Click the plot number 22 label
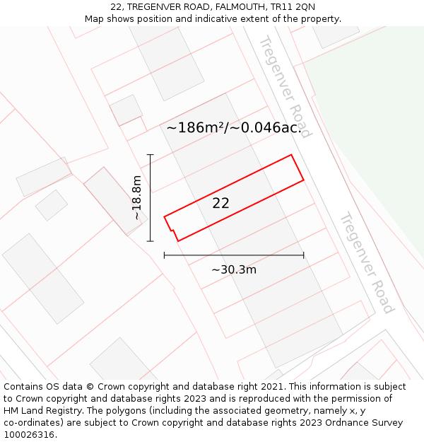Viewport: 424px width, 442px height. (x=220, y=203)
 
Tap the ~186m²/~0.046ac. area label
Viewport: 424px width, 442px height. (x=234, y=128)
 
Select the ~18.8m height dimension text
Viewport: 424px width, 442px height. (x=136, y=198)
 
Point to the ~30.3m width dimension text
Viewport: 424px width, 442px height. (x=234, y=269)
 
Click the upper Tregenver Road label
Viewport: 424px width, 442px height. (x=284, y=86)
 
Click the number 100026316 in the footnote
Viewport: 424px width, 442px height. (x=29, y=435)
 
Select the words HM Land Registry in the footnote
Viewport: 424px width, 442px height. (x=39, y=411)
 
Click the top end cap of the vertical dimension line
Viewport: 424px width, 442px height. (x=150, y=154)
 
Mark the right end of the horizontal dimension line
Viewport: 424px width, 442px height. (x=304, y=255)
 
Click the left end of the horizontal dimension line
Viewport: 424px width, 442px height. (x=164, y=255)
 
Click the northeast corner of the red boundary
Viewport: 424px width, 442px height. (x=291, y=155)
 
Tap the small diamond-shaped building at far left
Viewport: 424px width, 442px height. (x=52, y=205)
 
